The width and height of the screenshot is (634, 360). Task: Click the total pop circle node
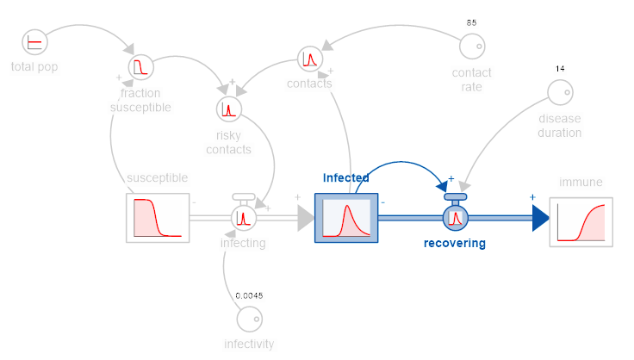[x=34, y=42]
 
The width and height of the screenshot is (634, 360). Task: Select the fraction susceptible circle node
[x=140, y=67]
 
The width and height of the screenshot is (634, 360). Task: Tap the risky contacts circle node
[x=229, y=109]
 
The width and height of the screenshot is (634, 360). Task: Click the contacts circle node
[x=310, y=59]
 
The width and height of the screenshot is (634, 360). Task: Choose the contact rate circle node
[x=472, y=46]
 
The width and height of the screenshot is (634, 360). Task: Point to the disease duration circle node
[x=561, y=92]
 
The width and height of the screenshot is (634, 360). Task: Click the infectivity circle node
[x=250, y=320]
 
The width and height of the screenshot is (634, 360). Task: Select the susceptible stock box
[x=158, y=218]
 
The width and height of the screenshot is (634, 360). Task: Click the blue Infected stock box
[x=346, y=218]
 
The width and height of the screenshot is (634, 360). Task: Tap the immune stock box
[x=581, y=222]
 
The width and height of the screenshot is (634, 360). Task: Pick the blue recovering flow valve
[x=456, y=214]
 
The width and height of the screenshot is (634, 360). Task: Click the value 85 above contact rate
[x=471, y=22]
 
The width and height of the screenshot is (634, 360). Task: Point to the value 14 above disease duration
[x=560, y=69]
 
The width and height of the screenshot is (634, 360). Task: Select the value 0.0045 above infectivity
[x=249, y=295]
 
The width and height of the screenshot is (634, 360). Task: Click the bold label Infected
[x=345, y=177]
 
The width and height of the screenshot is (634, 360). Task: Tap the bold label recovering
[x=455, y=243]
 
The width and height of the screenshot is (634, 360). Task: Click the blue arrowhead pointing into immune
[x=541, y=218]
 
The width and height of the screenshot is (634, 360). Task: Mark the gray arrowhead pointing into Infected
[x=306, y=218]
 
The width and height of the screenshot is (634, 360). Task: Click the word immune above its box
[x=581, y=183]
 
